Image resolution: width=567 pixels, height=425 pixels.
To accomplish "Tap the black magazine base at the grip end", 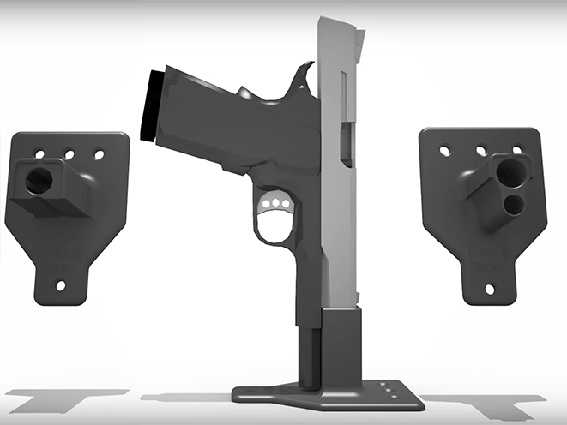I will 152,105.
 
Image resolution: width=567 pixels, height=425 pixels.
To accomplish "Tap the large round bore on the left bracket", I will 39,181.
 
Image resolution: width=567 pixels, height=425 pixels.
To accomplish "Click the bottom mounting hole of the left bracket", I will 61,285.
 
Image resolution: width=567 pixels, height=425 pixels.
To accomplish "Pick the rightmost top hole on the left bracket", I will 99,155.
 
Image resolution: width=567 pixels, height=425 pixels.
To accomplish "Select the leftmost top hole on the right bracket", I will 445,150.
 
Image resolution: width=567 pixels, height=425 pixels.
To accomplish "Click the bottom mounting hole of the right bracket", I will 489,289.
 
